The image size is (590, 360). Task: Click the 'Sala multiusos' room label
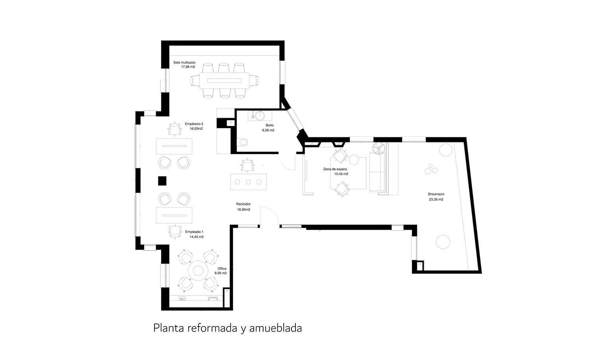click(184, 62)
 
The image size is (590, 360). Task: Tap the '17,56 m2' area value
click(188, 67)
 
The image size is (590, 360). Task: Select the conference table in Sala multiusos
click(224, 81)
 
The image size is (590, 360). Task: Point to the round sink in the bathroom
click(260, 116)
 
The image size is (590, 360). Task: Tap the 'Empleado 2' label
click(194, 124)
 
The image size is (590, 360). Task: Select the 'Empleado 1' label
click(194, 232)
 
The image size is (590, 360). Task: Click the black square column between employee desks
click(162, 181)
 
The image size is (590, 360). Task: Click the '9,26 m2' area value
click(220, 273)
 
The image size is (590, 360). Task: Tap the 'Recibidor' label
click(243, 204)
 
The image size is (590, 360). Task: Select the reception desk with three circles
click(248, 182)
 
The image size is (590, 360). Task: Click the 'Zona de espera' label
click(335, 169)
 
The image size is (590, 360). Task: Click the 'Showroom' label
click(436, 194)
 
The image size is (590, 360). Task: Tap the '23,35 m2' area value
click(436, 199)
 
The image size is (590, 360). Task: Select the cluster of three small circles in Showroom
click(431, 169)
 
